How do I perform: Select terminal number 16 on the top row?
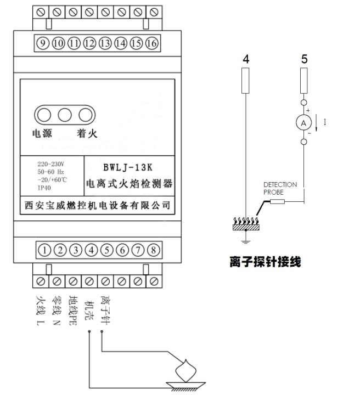tap(153, 43)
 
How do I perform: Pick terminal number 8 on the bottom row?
tap(154, 250)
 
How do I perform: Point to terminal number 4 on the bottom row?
tap(91, 250)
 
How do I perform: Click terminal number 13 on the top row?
tap(106, 43)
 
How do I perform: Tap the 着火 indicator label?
tap(86, 134)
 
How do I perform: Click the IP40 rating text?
tap(44, 187)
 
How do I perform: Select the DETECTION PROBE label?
tap(280, 188)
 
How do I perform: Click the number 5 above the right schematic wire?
tap(305, 59)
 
